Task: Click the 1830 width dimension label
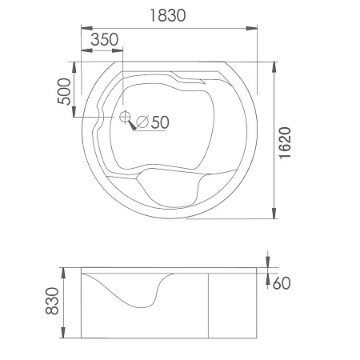tap(168, 15)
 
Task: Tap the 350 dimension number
tap(104, 39)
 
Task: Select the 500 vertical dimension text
tap(64, 91)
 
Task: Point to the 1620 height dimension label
tap(285, 143)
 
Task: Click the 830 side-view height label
tap(52, 301)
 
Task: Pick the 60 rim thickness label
tap(282, 283)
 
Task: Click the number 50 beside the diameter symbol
tap(160, 122)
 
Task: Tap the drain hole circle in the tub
tap(124, 117)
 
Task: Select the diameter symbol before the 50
tap(142, 122)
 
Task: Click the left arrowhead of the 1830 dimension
tap(86, 28)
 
